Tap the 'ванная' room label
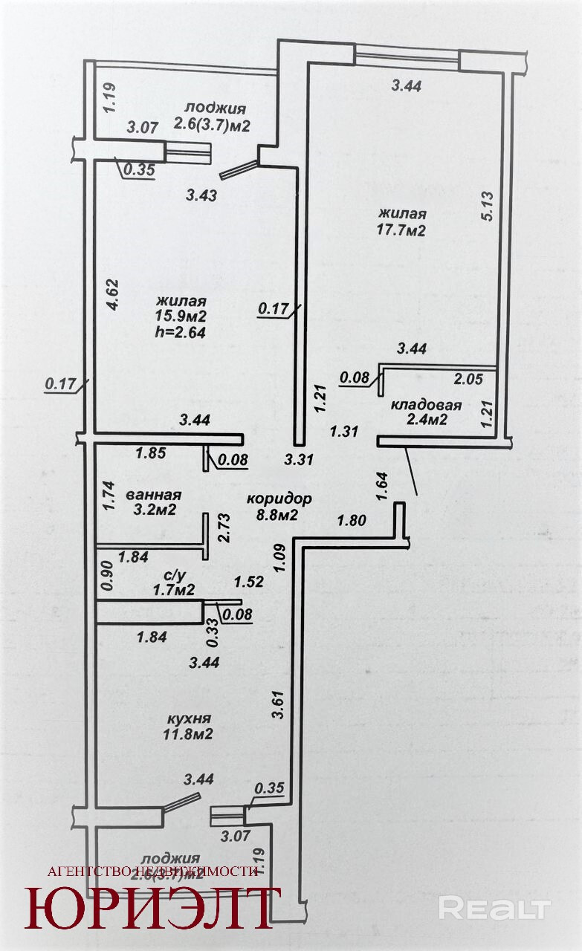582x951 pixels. pos(154,494)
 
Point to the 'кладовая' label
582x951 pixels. pos(427,406)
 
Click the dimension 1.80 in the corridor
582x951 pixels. pos(352,521)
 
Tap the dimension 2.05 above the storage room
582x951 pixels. pos(468,379)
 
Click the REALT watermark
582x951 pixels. pos(494,907)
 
